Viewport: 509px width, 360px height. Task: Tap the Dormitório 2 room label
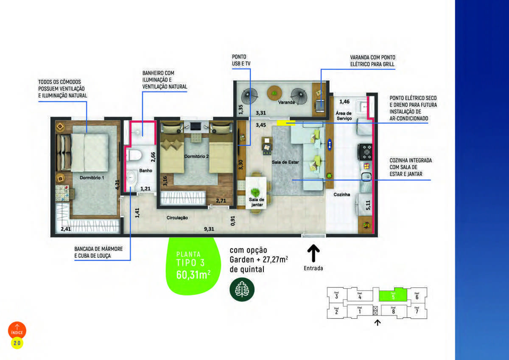tap(196, 157)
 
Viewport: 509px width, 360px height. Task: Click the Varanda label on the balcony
tap(286, 103)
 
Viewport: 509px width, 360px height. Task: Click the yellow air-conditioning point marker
tap(286, 123)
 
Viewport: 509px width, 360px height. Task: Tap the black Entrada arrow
tap(313, 254)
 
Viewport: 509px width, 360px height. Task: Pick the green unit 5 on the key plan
tap(393, 295)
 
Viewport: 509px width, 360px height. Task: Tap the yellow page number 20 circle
tap(17, 343)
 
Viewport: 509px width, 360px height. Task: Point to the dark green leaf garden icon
tap(242, 289)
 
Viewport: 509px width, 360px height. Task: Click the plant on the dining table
tap(255, 191)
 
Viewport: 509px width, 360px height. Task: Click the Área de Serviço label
tap(344, 116)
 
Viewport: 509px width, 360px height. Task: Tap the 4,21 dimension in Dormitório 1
tap(117, 185)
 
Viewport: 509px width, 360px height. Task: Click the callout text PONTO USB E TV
tap(239, 60)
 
